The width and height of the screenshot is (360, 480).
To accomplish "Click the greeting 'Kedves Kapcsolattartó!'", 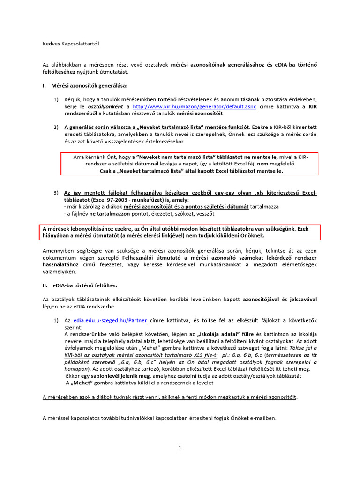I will (x=71, y=44).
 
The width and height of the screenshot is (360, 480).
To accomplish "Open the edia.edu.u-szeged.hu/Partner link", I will (x=110, y=321).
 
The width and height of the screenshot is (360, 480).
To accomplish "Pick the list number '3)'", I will (x=56, y=193).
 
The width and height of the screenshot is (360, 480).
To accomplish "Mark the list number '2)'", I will (x=56, y=127).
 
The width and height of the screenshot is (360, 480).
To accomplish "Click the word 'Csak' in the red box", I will (x=107, y=171).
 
